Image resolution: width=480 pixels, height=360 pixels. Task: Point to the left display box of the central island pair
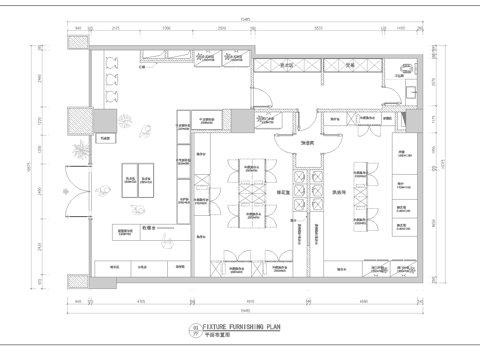pyautogui.click(x=130, y=179)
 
